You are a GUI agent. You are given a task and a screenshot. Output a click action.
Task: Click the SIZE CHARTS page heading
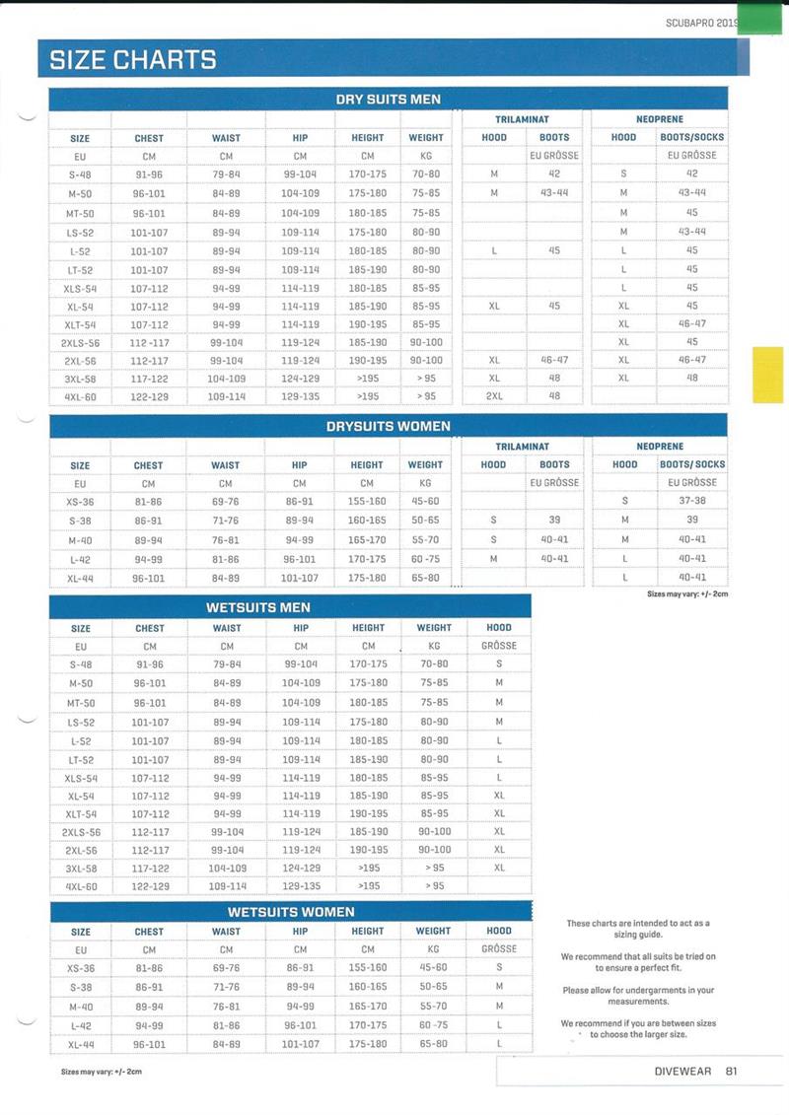click(x=133, y=59)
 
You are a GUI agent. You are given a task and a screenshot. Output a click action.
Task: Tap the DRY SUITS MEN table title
click(x=388, y=99)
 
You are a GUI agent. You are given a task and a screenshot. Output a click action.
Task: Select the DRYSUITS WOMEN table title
click(x=388, y=426)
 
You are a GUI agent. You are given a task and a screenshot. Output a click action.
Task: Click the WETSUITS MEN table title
click(x=258, y=606)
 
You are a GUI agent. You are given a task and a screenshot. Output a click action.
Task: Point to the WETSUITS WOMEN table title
click(x=291, y=912)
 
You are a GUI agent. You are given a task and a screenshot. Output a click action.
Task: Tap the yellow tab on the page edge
click(x=767, y=375)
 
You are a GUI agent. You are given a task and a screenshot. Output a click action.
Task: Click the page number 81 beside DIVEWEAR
click(x=731, y=1072)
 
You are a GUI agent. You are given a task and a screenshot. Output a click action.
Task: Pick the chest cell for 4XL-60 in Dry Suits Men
click(x=150, y=396)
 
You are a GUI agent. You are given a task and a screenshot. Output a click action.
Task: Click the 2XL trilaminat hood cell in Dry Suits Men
click(x=494, y=396)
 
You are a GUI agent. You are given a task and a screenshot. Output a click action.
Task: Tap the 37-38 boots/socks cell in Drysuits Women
click(x=692, y=501)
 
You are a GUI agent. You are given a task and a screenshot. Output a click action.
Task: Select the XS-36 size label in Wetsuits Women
click(x=81, y=967)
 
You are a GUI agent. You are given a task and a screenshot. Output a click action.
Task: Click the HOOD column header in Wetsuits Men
click(x=499, y=627)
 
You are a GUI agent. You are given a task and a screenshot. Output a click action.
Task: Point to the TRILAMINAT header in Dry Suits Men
click(x=523, y=119)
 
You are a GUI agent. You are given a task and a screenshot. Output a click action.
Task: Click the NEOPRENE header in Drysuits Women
click(x=660, y=447)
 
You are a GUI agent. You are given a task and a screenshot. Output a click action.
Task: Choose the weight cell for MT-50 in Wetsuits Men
click(x=434, y=703)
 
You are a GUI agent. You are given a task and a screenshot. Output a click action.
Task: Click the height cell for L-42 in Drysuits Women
click(x=367, y=558)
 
